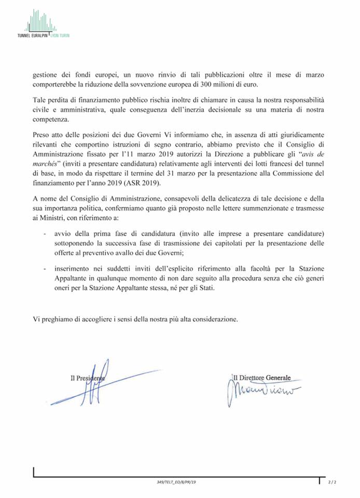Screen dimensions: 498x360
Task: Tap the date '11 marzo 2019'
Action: (x=163, y=154)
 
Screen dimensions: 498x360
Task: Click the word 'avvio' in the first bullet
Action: (x=63, y=233)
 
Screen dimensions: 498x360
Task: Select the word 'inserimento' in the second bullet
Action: (x=72, y=269)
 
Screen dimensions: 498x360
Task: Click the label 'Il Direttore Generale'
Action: (x=262, y=378)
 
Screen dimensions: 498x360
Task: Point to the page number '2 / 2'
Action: (x=333, y=482)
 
